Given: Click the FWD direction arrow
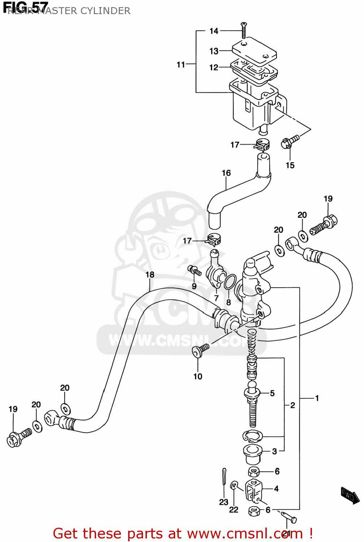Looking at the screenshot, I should (x=350, y=495).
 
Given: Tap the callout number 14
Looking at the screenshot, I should (x=214, y=31).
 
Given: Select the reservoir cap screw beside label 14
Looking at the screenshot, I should (x=244, y=30).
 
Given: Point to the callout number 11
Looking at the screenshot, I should (x=181, y=65).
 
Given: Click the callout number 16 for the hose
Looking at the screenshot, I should (x=226, y=173).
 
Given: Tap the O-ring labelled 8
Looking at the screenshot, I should (x=230, y=282).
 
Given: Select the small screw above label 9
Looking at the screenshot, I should (x=194, y=271).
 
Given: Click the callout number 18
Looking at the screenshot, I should (x=150, y=275).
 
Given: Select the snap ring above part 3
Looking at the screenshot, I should (x=253, y=436).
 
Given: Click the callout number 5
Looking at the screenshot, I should (x=272, y=393).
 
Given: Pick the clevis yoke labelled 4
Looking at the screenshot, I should (x=253, y=490).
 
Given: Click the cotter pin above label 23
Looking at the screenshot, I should (x=224, y=480).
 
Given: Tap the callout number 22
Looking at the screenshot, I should (x=234, y=510).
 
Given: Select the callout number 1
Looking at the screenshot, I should (x=317, y=398).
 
